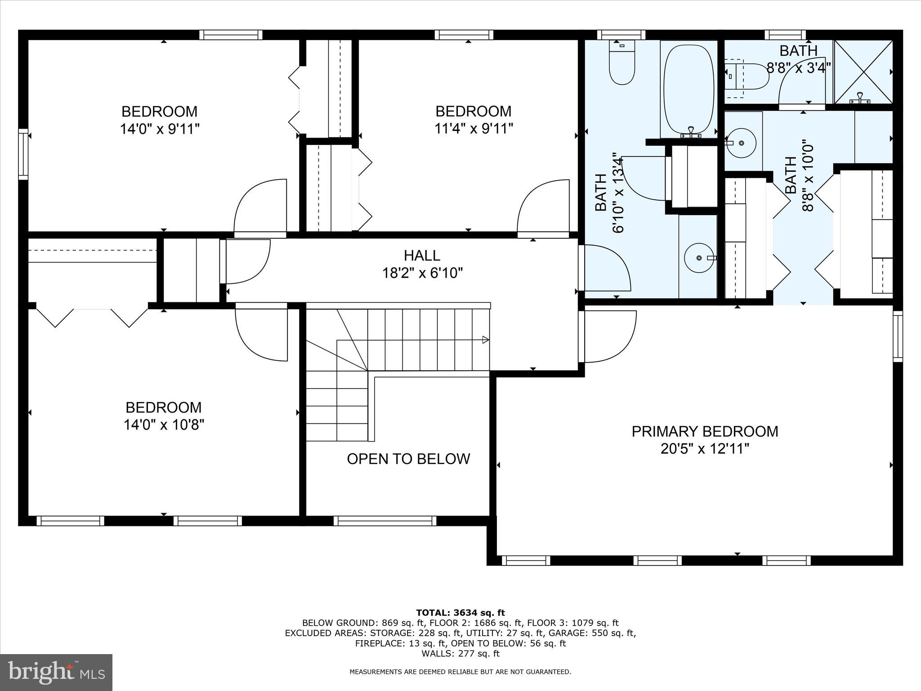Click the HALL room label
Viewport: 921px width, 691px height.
pos(422,256)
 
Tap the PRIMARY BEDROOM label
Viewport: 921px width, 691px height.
pos(705,431)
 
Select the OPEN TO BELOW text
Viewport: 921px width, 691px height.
pos(408,459)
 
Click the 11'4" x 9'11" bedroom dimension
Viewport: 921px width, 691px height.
pos(474,129)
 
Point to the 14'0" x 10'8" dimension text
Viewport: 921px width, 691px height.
pos(164,425)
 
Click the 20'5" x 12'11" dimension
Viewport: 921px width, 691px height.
pos(705,449)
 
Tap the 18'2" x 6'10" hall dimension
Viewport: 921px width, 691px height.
pos(422,273)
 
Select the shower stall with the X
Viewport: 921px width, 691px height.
pos(863,72)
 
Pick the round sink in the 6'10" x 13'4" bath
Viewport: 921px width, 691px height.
pos(699,258)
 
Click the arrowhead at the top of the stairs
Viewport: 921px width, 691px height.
pos(486,340)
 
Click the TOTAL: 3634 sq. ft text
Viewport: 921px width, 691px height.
pos(460,613)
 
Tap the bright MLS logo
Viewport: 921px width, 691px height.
pos(57,673)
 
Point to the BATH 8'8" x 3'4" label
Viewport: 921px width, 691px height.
pos(798,59)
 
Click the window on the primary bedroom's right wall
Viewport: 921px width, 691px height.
pos(898,337)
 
